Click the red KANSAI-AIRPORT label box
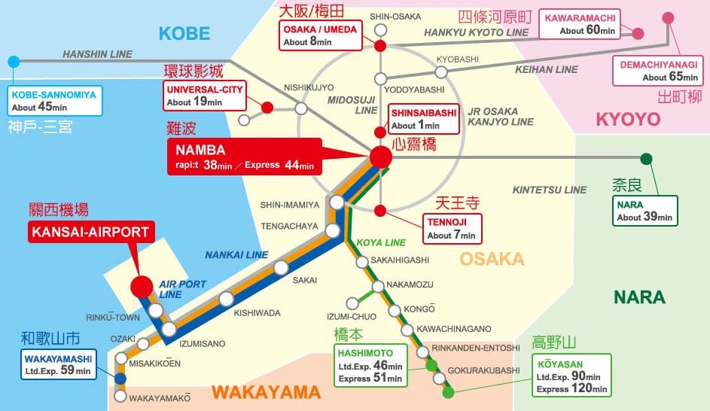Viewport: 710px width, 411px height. pos(90,232)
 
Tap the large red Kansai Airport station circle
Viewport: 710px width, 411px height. pos(141,286)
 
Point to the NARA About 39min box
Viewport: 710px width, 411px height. pos(644,210)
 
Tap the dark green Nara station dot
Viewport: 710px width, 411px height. pos(646,159)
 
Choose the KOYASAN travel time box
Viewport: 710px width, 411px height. pos(571,376)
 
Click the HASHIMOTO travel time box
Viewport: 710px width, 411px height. pos(370,365)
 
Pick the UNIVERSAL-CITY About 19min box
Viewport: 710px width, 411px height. pos(198,95)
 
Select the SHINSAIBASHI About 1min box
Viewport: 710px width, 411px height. pos(423,118)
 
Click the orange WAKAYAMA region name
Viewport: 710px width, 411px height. pos(266,392)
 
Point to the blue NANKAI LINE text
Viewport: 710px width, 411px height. pos(236,255)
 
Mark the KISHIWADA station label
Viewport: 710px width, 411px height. pos(257,312)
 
